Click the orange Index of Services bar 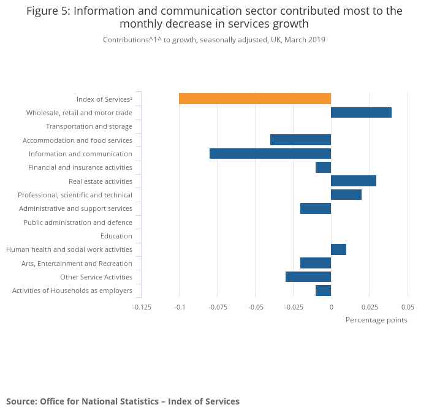coord(254,99)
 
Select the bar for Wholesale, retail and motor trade coord(361,113)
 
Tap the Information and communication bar coord(270,154)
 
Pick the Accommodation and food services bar coord(300,140)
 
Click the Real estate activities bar coord(353,181)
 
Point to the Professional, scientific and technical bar coord(346,195)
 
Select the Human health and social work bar coord(338,249)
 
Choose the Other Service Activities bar coord(308,277)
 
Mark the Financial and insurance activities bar coord(323,167)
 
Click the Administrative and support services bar coord(315,208)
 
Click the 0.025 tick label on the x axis coord(369,307)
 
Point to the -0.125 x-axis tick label coord(142,307)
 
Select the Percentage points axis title coord(376,320)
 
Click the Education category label coord(116,236)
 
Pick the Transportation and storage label coord(89,126)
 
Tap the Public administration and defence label coord(77,222)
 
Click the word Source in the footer coord(21,401)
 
